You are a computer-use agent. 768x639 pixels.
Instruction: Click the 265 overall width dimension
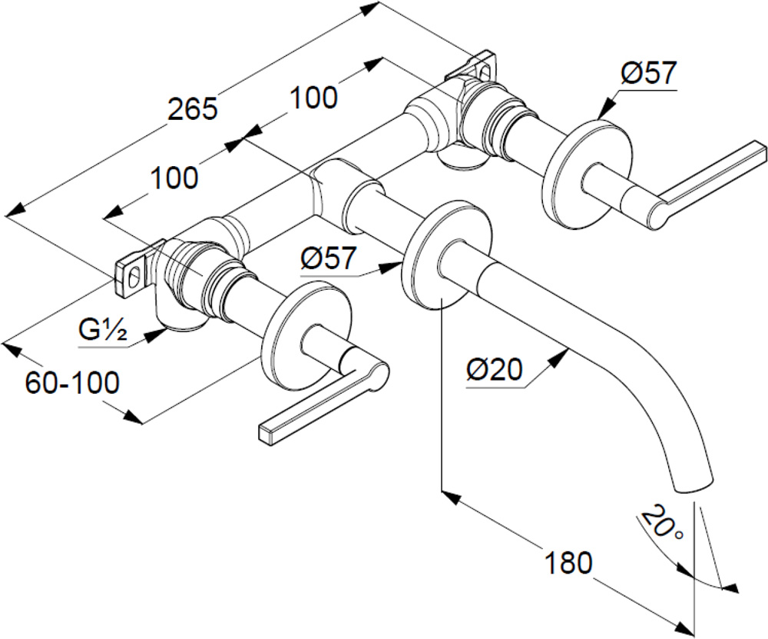click(193, 108)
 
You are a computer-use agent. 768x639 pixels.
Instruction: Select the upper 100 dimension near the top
click(313, 98)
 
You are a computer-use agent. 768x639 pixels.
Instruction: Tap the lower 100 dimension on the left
click(174, 178)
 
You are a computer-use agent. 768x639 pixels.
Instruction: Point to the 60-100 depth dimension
click(72, 382)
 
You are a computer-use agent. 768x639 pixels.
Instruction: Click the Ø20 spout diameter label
click(495, 371)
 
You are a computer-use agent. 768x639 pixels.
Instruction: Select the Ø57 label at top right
click(648, 74)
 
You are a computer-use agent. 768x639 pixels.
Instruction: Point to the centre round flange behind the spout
click(446, 255)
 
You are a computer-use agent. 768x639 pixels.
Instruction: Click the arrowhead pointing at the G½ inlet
click(157, 334)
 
